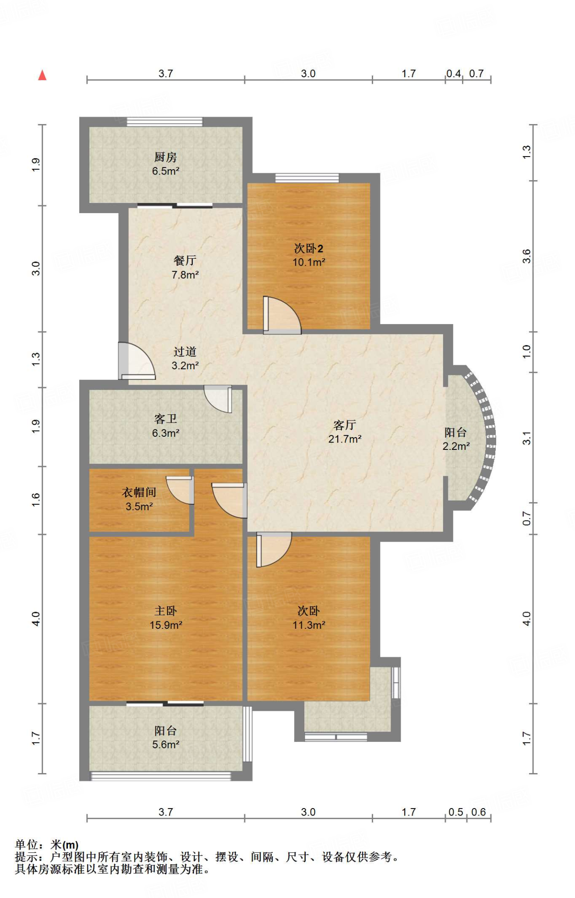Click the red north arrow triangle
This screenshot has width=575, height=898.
tap(42, 75)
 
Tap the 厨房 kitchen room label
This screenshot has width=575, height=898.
tap(166, 157)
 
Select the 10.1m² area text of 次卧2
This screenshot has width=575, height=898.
tap(309, 262)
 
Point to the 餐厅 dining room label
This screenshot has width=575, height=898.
tap(185, 260)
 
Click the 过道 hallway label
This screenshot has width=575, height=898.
tap(185, 352)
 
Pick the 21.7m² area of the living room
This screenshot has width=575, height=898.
tap(345, 439)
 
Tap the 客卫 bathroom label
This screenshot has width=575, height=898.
tap(166, 419)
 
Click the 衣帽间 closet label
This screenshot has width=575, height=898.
tap(139, 492)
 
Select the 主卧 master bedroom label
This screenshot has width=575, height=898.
tap(166, 611)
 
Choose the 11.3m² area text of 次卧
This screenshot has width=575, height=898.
tap(309, 625)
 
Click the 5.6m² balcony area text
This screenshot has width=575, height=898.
tap(166, 745)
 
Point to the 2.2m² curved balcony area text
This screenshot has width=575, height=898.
tap(456, 446)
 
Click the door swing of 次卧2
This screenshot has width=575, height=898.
tap(282, 315)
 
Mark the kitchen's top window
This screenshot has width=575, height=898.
tap(165, 122)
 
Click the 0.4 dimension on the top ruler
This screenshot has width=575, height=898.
tap(454, 73)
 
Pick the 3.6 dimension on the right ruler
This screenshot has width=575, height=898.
tap(526, 256)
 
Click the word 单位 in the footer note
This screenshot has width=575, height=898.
tap(27, 845)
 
